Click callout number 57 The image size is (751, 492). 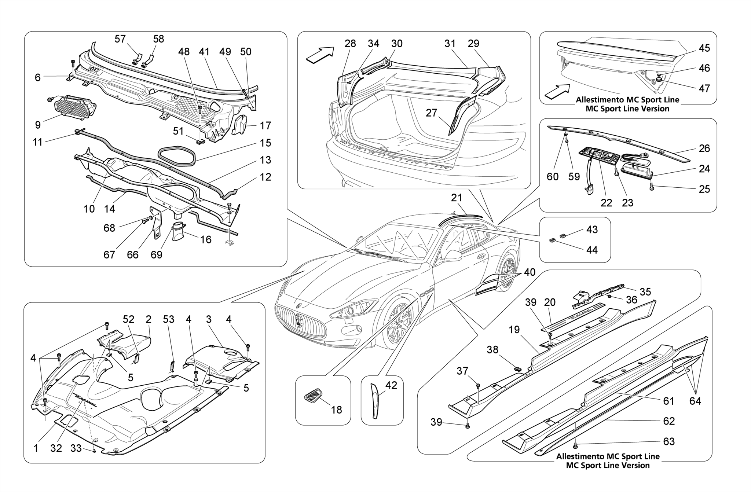120,39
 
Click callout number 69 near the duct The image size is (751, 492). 157,254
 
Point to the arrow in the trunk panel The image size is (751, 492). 320,55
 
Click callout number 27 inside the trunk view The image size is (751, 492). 431,113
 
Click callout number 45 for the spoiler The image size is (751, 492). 704,48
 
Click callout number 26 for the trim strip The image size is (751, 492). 704,148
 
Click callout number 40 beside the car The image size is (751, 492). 530,272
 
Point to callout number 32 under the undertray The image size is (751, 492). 56,448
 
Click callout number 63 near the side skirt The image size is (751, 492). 669,441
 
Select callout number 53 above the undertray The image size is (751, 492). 169,319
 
